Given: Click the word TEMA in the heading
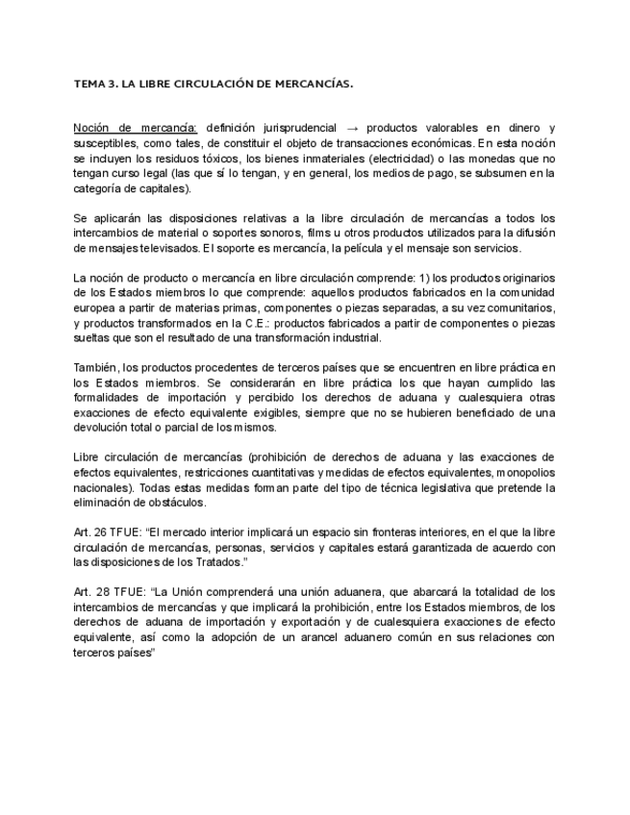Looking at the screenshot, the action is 89,85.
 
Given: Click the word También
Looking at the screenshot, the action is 95,367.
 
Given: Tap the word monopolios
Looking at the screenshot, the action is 527,473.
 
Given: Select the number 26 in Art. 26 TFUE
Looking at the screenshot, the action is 101,531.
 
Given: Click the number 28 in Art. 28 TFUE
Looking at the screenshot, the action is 101,592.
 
